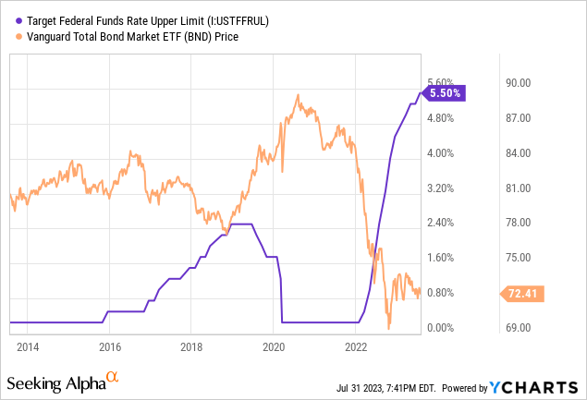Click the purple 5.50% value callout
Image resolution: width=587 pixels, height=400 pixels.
[446, 92]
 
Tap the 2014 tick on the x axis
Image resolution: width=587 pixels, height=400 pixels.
[28, 346]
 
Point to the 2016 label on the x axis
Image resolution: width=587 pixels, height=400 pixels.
[110, 346]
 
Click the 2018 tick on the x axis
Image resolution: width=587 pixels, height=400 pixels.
[191, 346]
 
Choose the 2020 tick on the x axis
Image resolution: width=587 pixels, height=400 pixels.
[274, 346]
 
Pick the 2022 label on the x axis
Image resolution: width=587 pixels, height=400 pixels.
[355, 346]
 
